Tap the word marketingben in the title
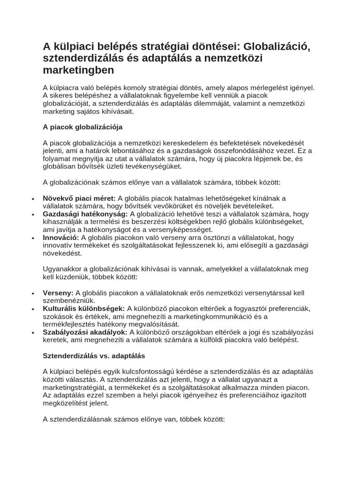pos(78,70)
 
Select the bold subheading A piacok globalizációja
pos(82,127)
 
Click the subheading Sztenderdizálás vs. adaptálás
pos(94,355)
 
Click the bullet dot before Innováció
pos(33,238)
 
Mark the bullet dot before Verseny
pos(33,293)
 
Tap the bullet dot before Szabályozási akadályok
pos(33,332)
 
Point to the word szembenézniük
pos(69,300)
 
